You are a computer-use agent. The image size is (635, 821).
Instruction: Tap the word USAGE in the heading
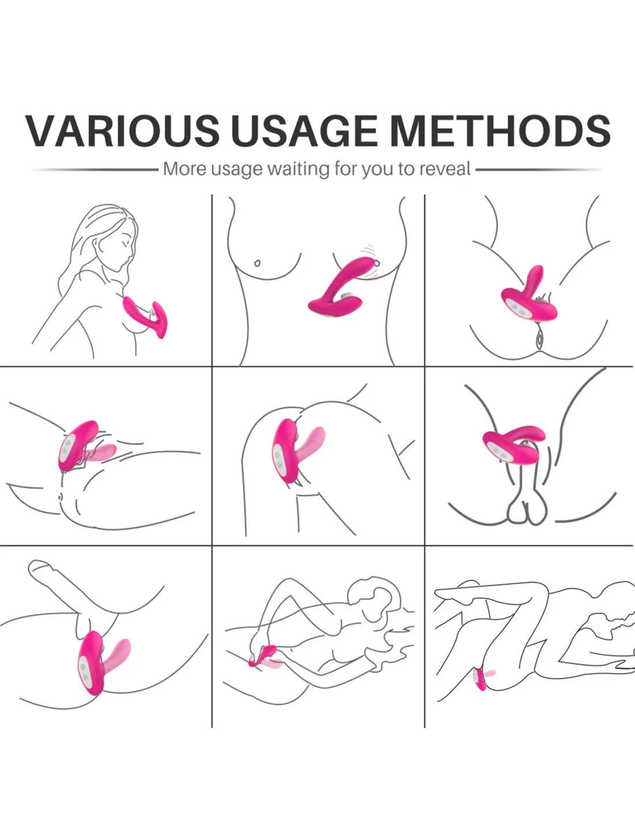(304, 130)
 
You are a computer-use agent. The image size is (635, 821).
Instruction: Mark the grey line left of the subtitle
(95, 170)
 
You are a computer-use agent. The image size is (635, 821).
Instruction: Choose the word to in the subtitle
(406, 169)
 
